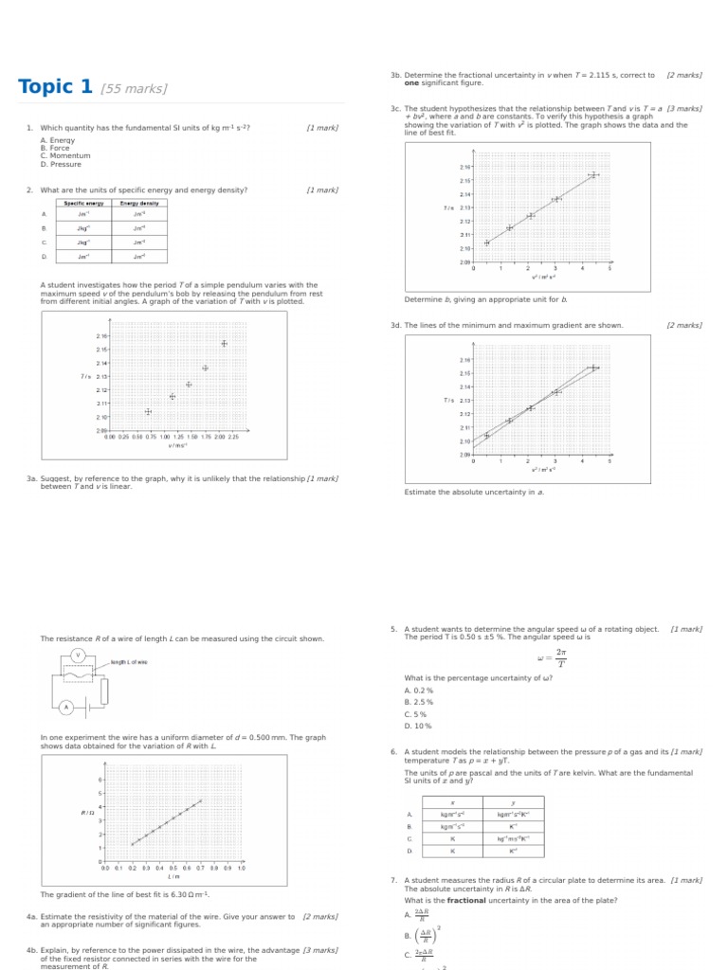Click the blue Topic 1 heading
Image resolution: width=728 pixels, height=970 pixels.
point(55,87)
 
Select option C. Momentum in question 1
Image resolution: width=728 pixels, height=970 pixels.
point(65,156)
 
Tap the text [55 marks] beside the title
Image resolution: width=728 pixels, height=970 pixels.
point(134,89)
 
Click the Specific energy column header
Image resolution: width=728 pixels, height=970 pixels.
point(83,203)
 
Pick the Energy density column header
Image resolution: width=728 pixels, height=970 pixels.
point(139,203)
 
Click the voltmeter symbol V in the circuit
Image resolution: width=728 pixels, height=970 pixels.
point(78,656)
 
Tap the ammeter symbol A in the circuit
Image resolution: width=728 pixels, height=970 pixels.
point(66,708)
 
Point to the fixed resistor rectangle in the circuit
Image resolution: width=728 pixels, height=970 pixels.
point(103,692)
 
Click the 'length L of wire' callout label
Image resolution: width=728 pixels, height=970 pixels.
point(130,662)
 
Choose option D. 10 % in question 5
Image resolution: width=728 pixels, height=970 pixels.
point(418,727)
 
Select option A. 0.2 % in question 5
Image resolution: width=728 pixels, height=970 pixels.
point(419,691)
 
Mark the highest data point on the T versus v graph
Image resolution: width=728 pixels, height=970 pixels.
point(224,343)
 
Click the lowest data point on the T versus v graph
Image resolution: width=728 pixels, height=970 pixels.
point(148,411)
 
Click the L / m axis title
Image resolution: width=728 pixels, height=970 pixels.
point(173,876)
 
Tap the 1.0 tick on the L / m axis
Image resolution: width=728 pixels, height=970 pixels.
point(241,868)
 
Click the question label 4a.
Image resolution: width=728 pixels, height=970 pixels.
point(31,917)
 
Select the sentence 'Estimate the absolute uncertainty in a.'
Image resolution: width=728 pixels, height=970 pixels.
point(474,493)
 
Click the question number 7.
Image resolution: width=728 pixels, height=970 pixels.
point(393,880)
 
